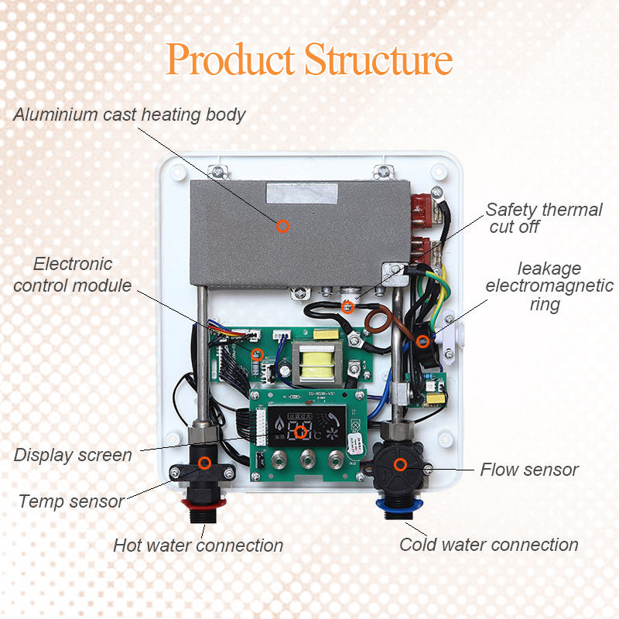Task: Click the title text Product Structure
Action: (309, 60)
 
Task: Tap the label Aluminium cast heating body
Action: (129, 115)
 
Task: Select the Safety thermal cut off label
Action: (543, 217)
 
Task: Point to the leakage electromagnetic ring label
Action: (549, 286)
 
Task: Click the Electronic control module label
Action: (73, 275)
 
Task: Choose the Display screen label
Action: (73, 455)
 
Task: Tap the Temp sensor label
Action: (71, 501)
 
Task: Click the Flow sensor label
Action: (529, 470)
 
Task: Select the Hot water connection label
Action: (198, 545)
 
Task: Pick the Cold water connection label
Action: (488, 545)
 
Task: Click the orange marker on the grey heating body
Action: (283, 227)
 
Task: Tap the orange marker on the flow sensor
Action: (400, 464)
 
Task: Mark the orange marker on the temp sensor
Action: (205, 463)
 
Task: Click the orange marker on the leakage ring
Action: (422, 340)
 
